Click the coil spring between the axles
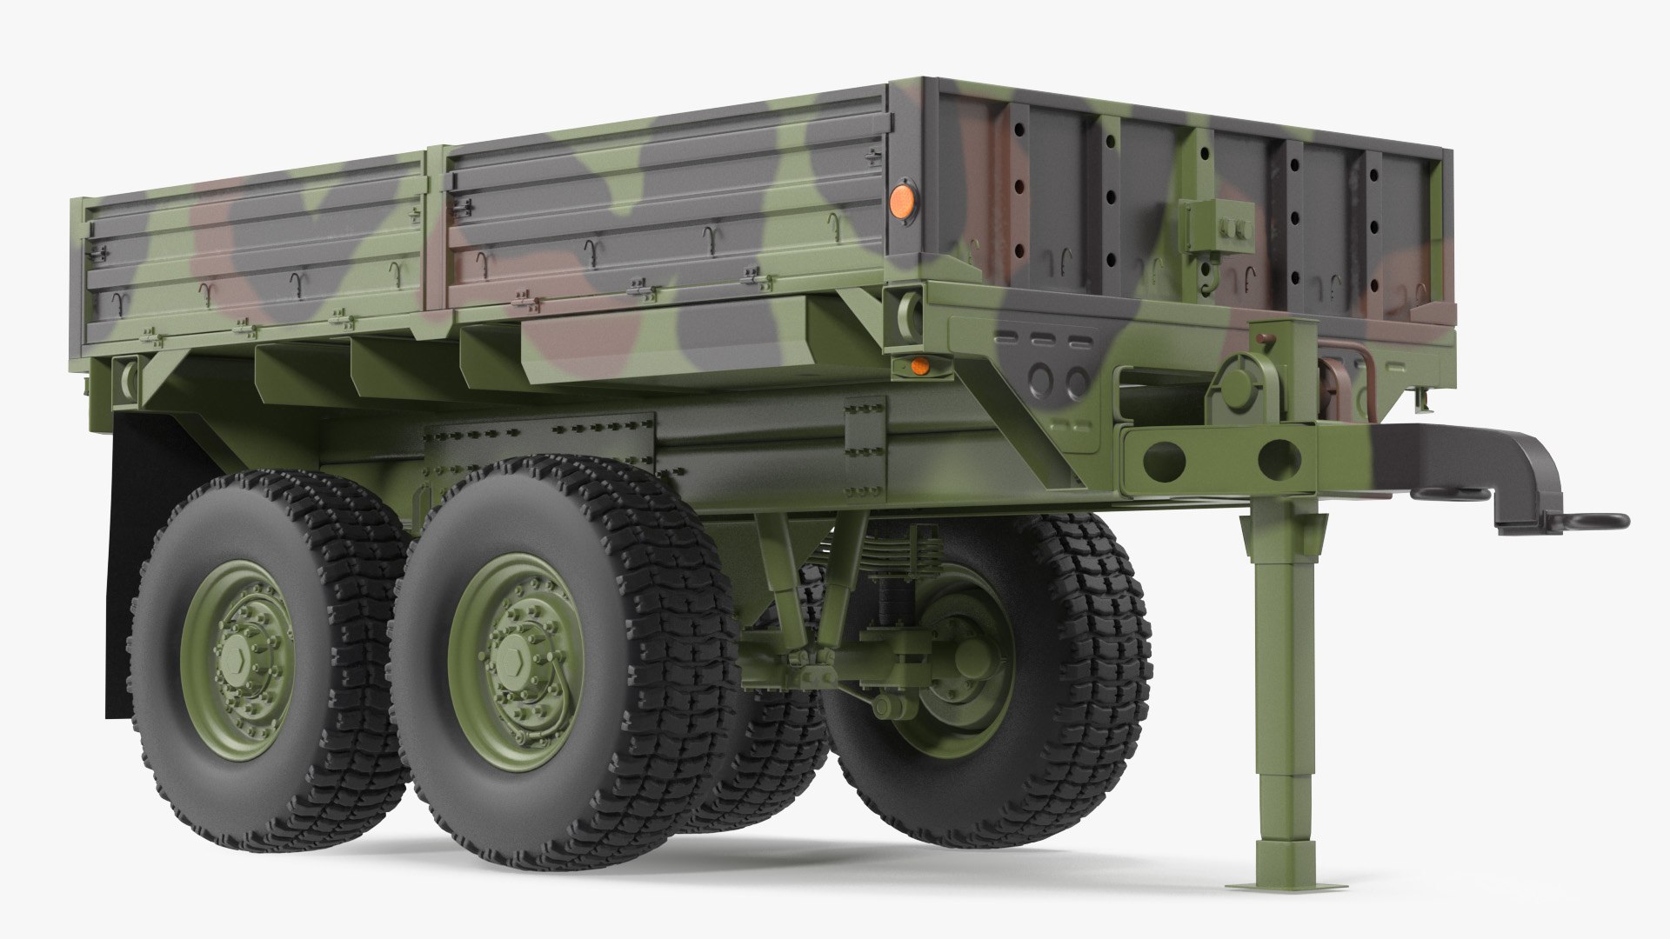pos(887,600)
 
